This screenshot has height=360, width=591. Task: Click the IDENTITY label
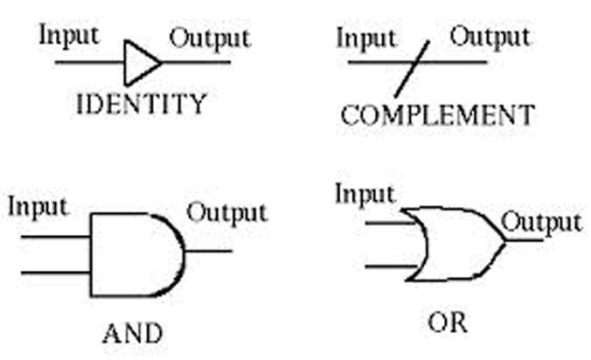coord(142,105)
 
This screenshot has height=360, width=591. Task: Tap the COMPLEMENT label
coord(437,114)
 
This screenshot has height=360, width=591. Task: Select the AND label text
coord(132,333)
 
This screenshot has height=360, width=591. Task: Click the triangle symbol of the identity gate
coord(141,62)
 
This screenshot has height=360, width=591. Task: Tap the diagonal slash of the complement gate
coord(411,69)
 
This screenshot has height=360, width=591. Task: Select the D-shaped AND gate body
coord(135,254)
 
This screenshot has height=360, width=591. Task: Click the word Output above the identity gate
coord(209,38)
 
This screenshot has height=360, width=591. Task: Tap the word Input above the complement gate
coord(366,38)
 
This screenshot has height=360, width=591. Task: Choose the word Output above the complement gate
coord(489,37)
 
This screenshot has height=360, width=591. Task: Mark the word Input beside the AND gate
coord(38,207)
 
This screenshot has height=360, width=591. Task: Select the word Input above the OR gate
coord(365,194)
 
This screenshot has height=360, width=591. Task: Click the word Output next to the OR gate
coord(541,222)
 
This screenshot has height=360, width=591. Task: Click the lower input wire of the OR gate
coord(390,265)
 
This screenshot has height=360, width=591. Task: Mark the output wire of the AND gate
coord(210,252)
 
